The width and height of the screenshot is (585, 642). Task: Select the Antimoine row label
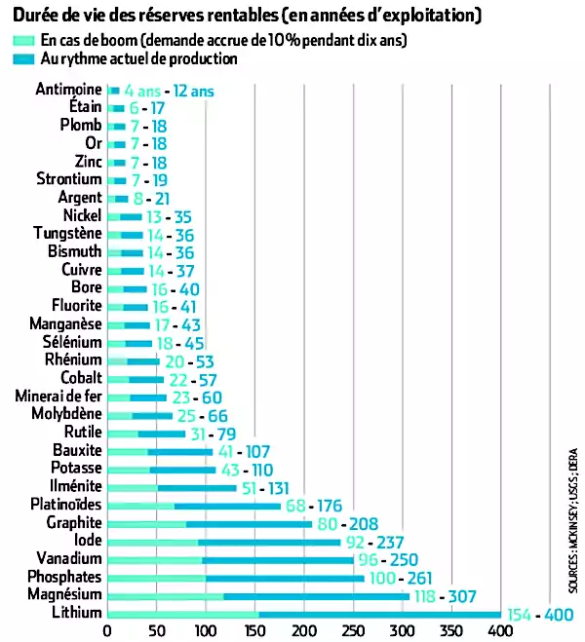pos(68,91)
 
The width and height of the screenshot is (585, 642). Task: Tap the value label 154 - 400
pos(544,613)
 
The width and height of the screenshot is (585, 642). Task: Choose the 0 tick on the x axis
pos(107,630)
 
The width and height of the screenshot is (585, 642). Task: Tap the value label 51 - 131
pos(281,487)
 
